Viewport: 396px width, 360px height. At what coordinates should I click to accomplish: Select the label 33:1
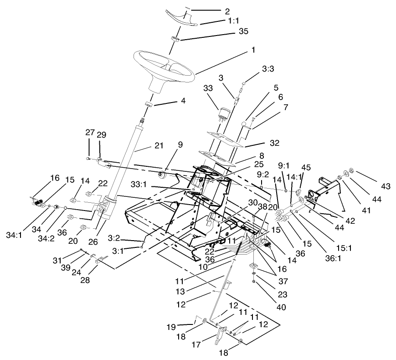pos(165,186)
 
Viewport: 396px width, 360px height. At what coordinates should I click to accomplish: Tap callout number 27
pos(90,133)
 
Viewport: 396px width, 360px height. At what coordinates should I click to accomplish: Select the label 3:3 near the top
pos(268,69)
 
